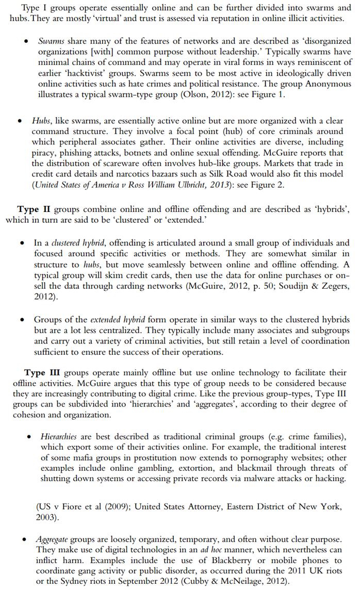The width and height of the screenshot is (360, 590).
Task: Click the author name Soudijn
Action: click(287, 287)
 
